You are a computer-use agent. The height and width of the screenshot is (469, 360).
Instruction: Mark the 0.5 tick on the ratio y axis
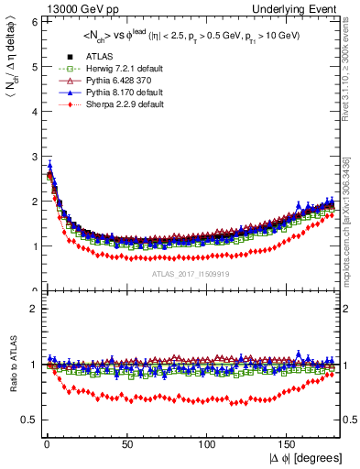[28, 420]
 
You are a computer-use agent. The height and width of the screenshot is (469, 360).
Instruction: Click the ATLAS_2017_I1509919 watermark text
[190, 272]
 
